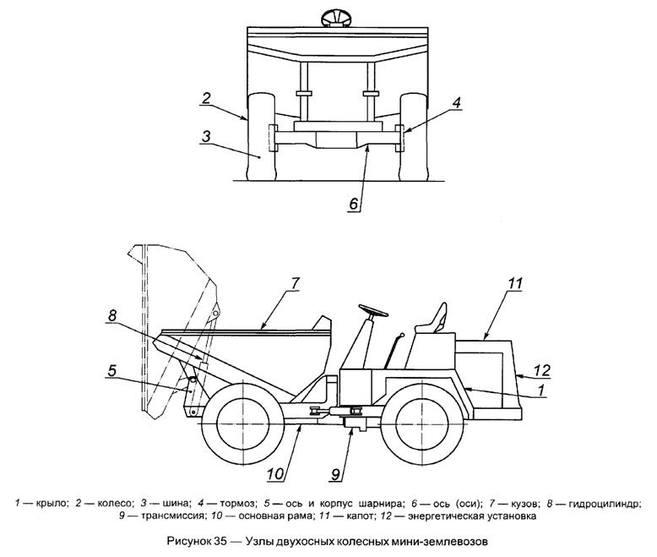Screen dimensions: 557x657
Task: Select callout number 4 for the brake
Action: [456, 102]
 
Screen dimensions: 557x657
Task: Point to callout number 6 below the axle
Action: [356, 204]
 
